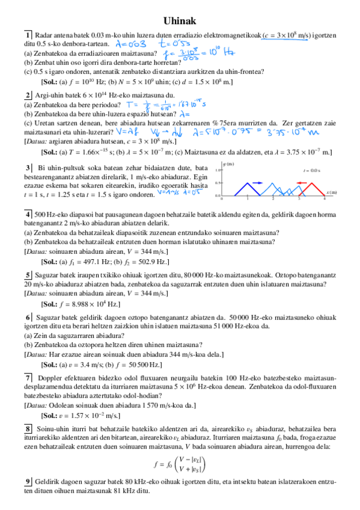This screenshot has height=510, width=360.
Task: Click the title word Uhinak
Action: [180, 21]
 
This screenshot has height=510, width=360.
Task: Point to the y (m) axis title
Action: [228, 164]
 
